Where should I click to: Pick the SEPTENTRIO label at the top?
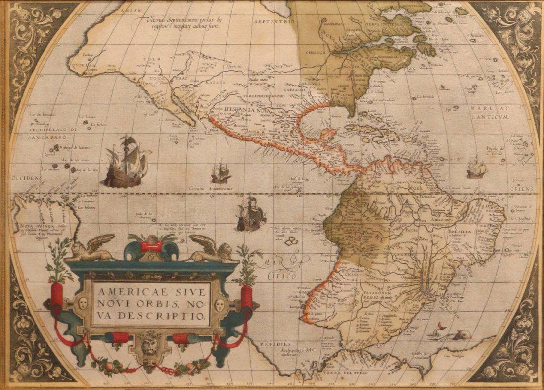point(274,22)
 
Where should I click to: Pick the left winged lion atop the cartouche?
point(92,249)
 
